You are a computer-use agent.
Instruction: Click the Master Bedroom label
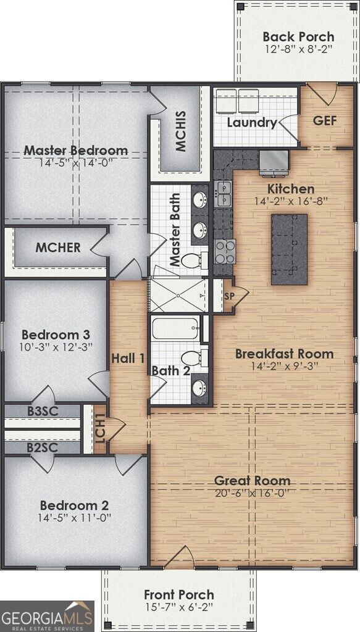pos(76,150)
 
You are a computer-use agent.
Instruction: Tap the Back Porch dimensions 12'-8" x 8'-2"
pos(298,49)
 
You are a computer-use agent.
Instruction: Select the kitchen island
pos(289,249)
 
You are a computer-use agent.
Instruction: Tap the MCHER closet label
pos(57,248)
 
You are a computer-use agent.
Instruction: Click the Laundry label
pos(251,122)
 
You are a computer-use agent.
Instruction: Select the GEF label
pos(325,120)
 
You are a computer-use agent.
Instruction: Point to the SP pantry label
pos(228,297)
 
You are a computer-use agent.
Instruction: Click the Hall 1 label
pos(128,358)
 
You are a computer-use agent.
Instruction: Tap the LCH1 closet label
pos(100,429)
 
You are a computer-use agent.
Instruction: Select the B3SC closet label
pos(41,410)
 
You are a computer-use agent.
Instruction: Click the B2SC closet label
pos(41,447)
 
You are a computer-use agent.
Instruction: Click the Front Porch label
pos(178,595)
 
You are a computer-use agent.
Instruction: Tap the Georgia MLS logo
pos(47,616)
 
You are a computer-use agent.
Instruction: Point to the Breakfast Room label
pos(284,354)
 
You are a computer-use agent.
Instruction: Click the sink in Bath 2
pos(199,388)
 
